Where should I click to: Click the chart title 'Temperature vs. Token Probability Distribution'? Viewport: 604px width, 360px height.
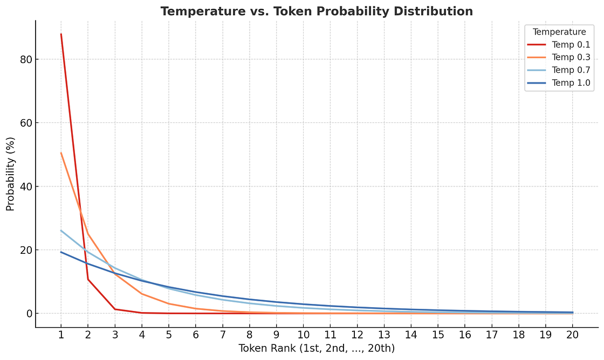tap(317, 11)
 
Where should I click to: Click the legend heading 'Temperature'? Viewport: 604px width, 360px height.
tap(559, 32)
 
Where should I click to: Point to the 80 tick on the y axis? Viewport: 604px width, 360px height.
tap(25, 59)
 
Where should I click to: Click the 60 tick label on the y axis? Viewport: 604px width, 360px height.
tap(25, 123)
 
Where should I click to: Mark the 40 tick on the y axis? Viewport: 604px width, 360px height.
tap(25, 186)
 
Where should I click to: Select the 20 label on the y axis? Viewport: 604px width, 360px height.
tap(25, 250)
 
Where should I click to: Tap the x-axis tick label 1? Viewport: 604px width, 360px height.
tap(61, 335)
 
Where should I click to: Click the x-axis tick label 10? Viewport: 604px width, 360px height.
tap(303, 335)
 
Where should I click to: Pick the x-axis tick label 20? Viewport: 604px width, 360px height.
tap(573, 335)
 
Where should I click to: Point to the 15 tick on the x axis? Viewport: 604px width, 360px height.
tap(438, 335)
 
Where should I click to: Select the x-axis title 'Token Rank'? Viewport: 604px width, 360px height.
tap(317, 349)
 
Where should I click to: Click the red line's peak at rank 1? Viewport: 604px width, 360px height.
tap(61, 34)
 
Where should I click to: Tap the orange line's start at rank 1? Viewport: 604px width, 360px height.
tap(61, 153)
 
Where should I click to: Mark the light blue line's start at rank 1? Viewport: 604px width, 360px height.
tap(61, 231)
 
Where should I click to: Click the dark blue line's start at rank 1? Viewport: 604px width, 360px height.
tap(61, 252)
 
